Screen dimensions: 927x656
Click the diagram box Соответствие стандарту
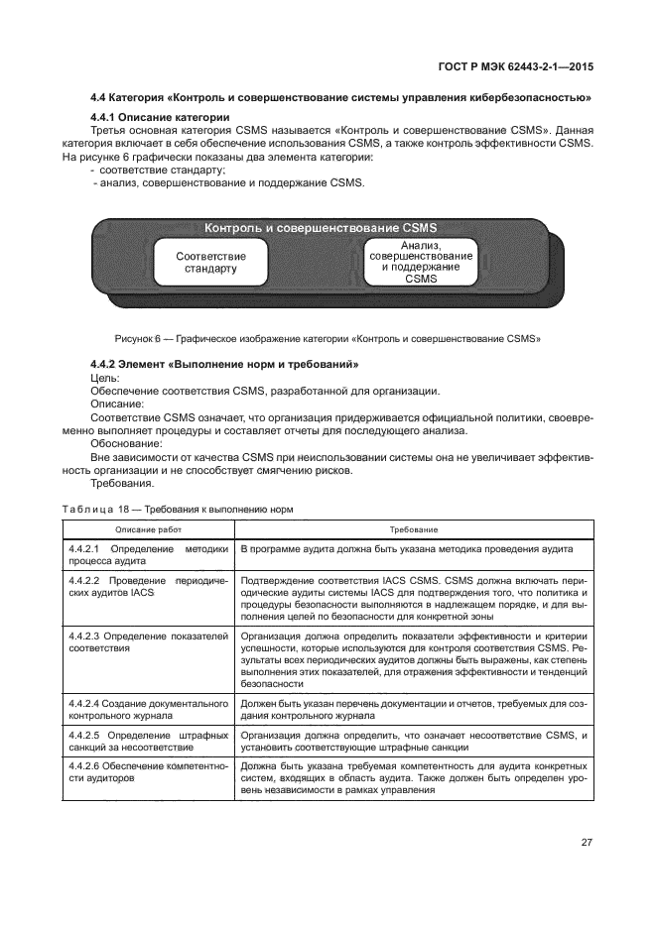click(x=210, y=262)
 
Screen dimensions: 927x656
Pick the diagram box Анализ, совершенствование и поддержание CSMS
click(x=420, y=262)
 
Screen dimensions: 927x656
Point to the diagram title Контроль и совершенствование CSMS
click(x=321, y=228)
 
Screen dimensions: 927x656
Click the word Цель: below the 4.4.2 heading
click(x=104, y=378)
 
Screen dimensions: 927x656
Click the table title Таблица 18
click(x=178, y=509)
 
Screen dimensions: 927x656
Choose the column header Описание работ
click(x=149, y=530)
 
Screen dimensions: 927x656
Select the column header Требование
click(x=414, y=530)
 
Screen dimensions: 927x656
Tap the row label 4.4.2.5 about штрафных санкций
click(x=149, y=741)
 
